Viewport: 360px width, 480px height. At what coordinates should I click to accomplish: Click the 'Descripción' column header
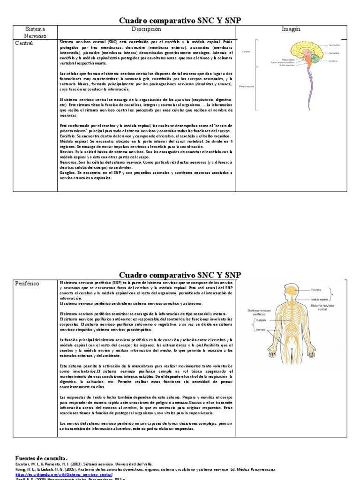click(x=146, y=30)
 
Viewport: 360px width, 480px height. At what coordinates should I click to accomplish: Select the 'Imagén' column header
click(x=291, y=30)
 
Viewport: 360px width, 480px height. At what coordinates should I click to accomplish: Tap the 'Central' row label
click(x=24, y=44)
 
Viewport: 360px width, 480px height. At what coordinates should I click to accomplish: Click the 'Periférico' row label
click(x=27, y=284)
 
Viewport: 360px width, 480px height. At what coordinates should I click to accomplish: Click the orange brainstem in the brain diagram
click(x=310, y=61)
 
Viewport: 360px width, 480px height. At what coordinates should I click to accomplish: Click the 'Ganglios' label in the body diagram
click(x=263, y=321)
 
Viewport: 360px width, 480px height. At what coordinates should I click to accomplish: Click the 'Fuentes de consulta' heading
click(x=41, y=458)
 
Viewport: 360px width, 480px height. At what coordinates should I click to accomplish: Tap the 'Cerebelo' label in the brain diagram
click(x=333, y=61)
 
